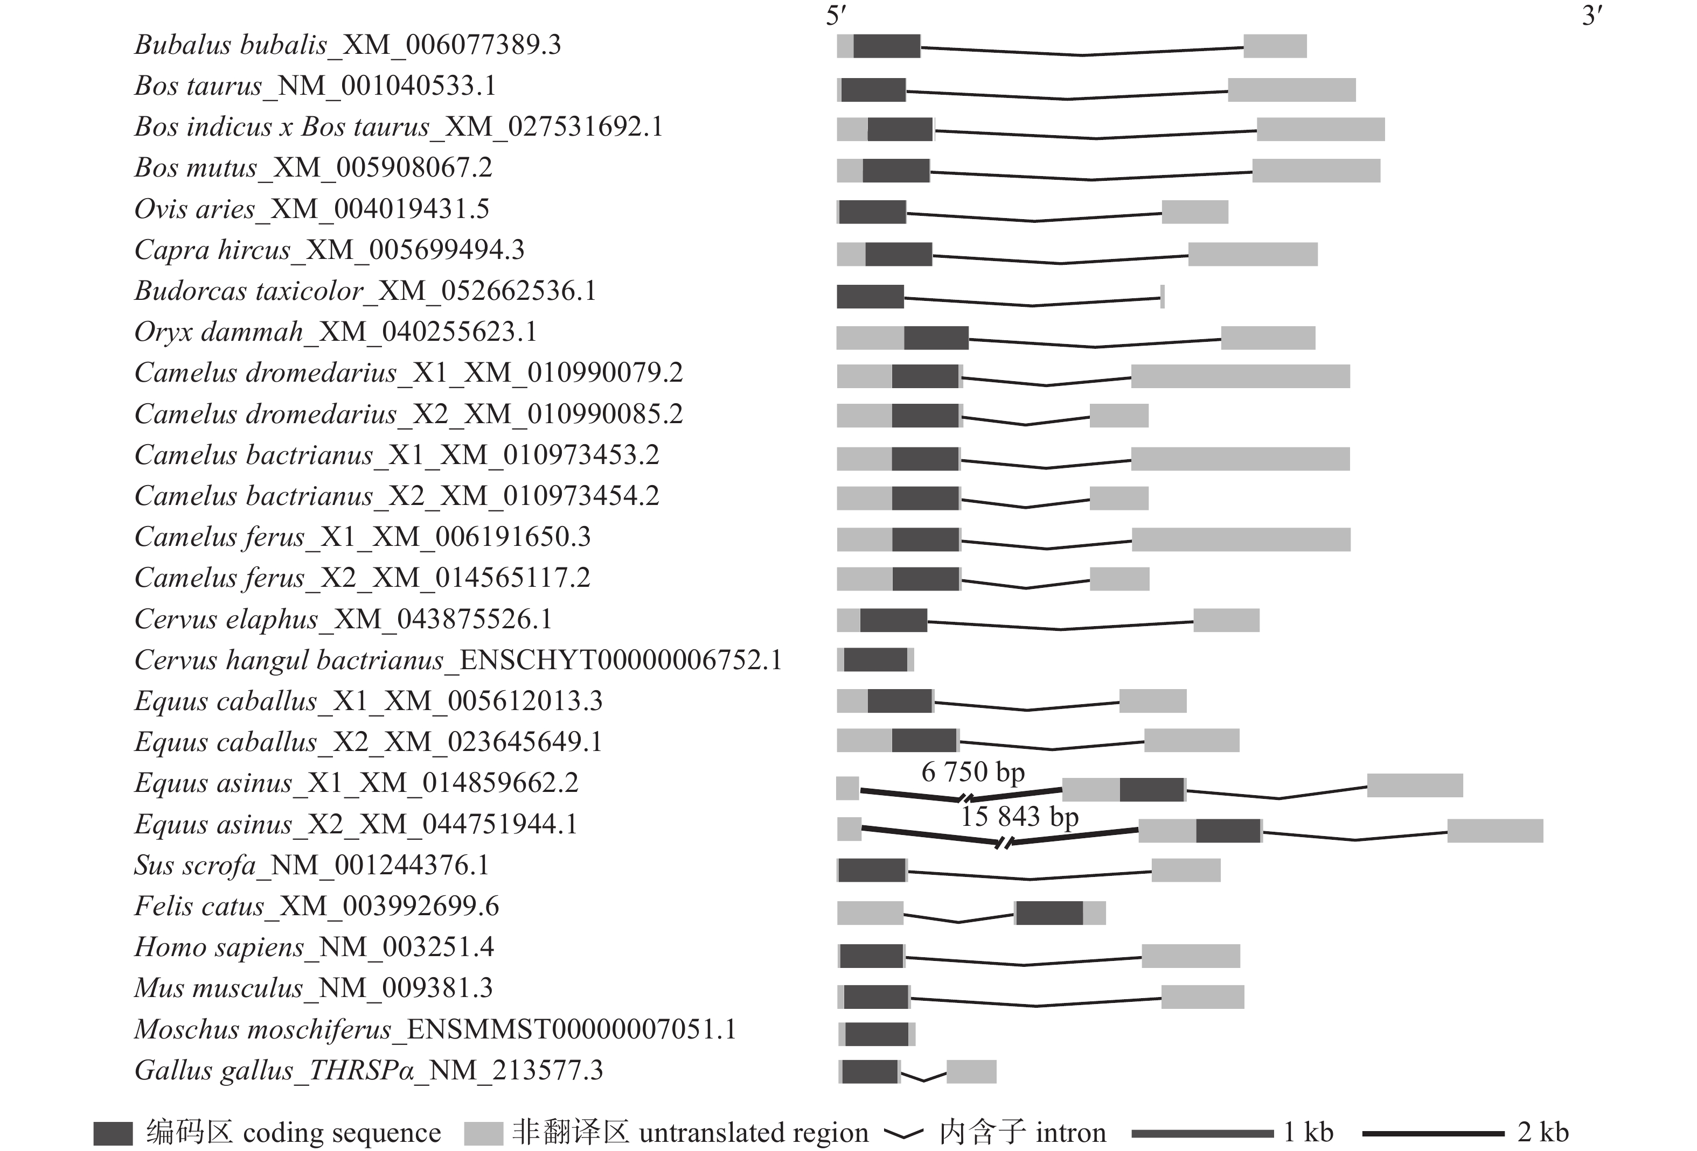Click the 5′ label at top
[836, 16]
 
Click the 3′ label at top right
[1592, 16]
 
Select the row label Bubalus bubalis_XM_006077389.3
[347, 45]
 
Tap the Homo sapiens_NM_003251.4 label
[314, 948]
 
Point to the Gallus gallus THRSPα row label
[368, 1071]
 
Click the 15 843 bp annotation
[1019, 816]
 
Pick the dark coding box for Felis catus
[1049, 913]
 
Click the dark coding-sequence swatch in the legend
[113, 1133]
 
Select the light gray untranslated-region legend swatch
[483, 1133]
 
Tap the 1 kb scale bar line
[1202, 1133]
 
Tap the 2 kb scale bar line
[1432, 1133]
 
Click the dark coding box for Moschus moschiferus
[877, 1034]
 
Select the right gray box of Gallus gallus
[971, 1071]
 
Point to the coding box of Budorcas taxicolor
[870, 296]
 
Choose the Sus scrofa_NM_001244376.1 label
[311, 866]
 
